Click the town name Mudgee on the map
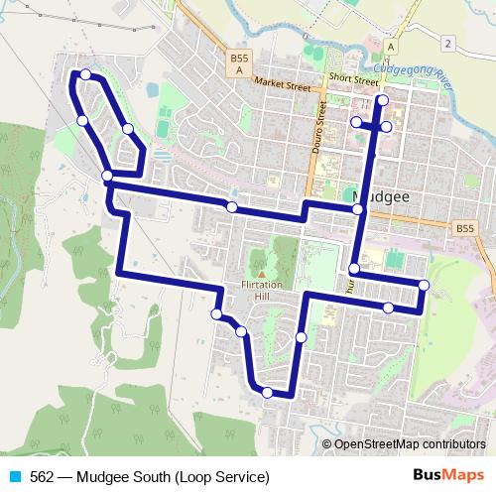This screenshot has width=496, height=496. point(382,197)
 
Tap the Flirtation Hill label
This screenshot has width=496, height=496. point(261,286)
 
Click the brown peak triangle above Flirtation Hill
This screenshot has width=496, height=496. point(261,274)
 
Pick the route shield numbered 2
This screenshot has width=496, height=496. point(448,43)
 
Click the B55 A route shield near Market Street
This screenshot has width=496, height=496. point(238,64)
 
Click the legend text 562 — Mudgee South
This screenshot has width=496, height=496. point(149,477)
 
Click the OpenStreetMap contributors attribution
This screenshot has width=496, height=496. point(410,445)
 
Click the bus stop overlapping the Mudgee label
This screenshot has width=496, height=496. point(359,210)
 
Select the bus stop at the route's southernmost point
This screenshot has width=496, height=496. point(268,393)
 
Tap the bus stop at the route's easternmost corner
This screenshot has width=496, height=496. point(424,286)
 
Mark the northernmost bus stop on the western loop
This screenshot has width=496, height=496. point(86,74)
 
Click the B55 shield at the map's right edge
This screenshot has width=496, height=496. point(465,229)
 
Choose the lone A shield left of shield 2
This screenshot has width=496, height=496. point(392,47)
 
